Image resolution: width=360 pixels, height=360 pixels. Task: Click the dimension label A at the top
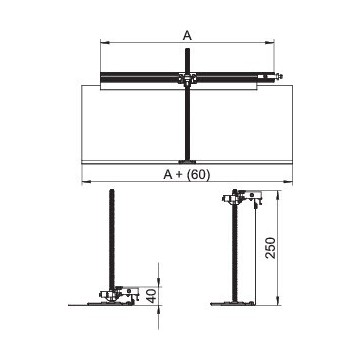coord(187,36)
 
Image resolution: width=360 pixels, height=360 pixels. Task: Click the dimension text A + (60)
coord(187,175)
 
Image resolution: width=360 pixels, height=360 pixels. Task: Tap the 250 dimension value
coord(272,248)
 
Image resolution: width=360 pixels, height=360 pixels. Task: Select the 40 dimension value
coord(152,296)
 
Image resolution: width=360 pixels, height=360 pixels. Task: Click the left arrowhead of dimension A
coord(105,43)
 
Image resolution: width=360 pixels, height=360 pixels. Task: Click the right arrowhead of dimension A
coord(269,43)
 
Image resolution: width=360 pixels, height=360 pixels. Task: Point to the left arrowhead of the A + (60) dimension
coord(86,182)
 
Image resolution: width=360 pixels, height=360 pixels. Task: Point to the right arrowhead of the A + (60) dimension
coord(288,182)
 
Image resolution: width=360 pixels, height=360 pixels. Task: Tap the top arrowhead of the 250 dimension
coord(278,195)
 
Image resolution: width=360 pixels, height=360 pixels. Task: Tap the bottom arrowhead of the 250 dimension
coord(278,300)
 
